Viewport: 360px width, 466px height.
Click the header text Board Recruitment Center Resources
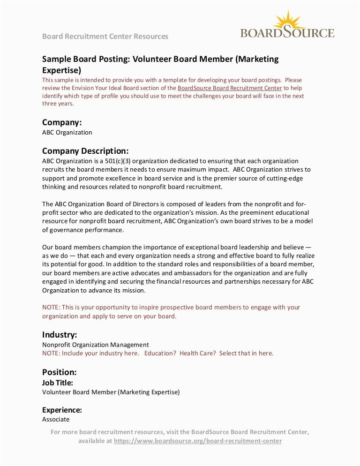click(x=105, y=36)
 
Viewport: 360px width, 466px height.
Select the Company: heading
click(x=62, y=122)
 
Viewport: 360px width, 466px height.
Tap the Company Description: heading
click(x=85, y=151)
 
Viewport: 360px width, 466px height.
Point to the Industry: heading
click(x=60, y=335)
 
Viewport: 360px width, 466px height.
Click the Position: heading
click(x=59, y=372)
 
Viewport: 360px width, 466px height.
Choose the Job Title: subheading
click(x=58, y=383)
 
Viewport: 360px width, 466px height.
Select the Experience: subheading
click(x=62, y=410)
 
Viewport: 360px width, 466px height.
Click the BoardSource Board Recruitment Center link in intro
click(x=230, y=88)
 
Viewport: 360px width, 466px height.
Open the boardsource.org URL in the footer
click(x=198, y=441)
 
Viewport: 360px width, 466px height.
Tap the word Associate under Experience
click(x=56, y=420)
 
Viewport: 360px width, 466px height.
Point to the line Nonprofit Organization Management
click(x=96, y=345)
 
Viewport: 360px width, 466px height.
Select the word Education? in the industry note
click(x=160, y=353)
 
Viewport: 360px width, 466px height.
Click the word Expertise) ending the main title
click(x=61, y=70)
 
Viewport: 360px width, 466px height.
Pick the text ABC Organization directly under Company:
click(x=67, y=133)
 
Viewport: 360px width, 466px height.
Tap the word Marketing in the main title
click(x=257, y=59)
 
